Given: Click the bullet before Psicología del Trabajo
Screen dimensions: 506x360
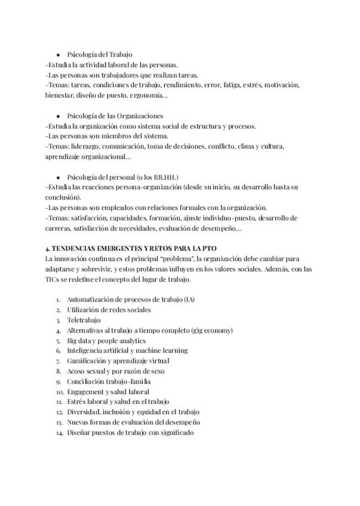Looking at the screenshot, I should tap(58, 55).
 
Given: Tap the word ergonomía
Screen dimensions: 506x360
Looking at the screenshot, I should tap(149, 95).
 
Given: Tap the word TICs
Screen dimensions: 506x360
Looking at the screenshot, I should tap(54, 279).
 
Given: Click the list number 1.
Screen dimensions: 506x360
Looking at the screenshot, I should tap(58, 300).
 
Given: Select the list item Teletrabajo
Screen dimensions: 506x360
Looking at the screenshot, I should tap(84, 320).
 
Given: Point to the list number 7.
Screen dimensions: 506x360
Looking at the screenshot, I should tap(58, 361).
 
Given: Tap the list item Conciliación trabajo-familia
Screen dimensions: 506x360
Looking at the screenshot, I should tap(109, 381).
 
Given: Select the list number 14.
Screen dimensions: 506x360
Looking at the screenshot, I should tap(57, 433).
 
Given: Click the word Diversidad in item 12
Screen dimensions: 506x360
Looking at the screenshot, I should tap(84, 412).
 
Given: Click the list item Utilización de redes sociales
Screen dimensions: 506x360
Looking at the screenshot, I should tap(109, 310).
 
